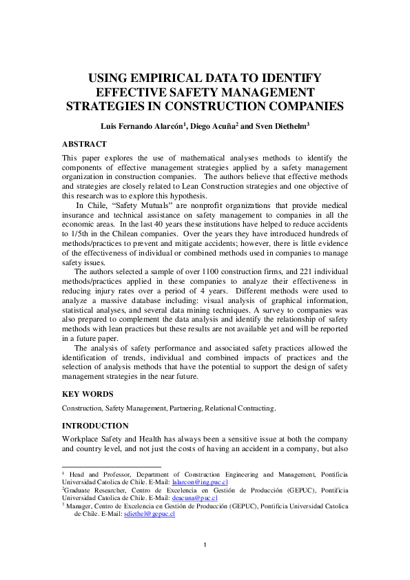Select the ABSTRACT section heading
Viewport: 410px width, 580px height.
(x=84, y=144)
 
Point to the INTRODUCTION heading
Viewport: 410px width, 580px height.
(x=95, y=426)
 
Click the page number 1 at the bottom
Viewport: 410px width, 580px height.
(x=205, y=546)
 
